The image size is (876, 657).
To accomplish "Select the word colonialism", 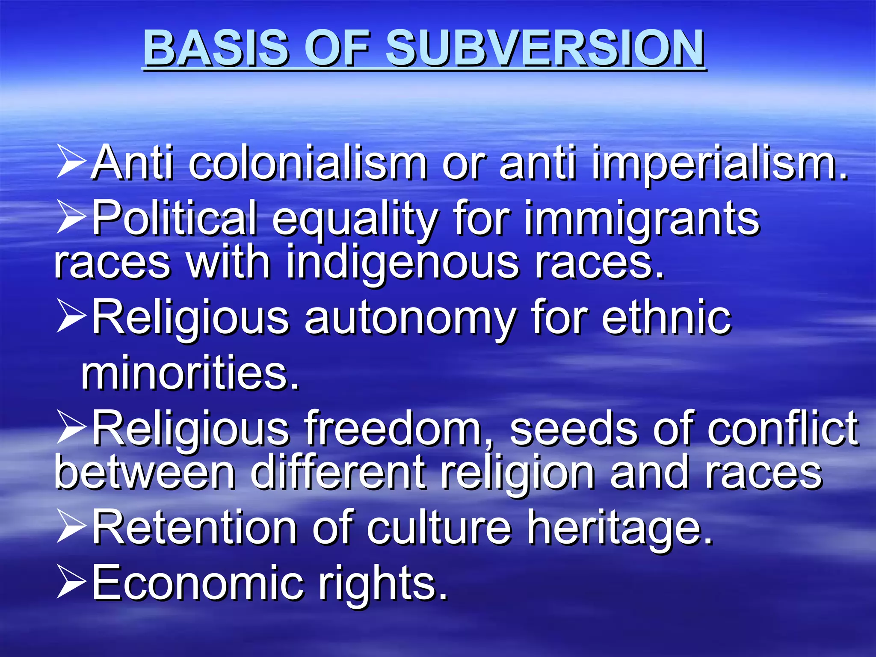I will click(308, 163).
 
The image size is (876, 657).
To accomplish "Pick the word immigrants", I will click(642, 219).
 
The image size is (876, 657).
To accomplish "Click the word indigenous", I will click(402, 262).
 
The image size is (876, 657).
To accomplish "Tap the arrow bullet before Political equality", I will click(71, 217).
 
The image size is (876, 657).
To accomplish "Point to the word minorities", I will click(190, 373).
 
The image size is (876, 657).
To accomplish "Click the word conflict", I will click(782, 429).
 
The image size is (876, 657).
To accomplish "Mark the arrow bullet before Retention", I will click(71, 527).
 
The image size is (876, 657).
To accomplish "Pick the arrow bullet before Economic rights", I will click(71, 583).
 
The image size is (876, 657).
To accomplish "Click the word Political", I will click(175, 219).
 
